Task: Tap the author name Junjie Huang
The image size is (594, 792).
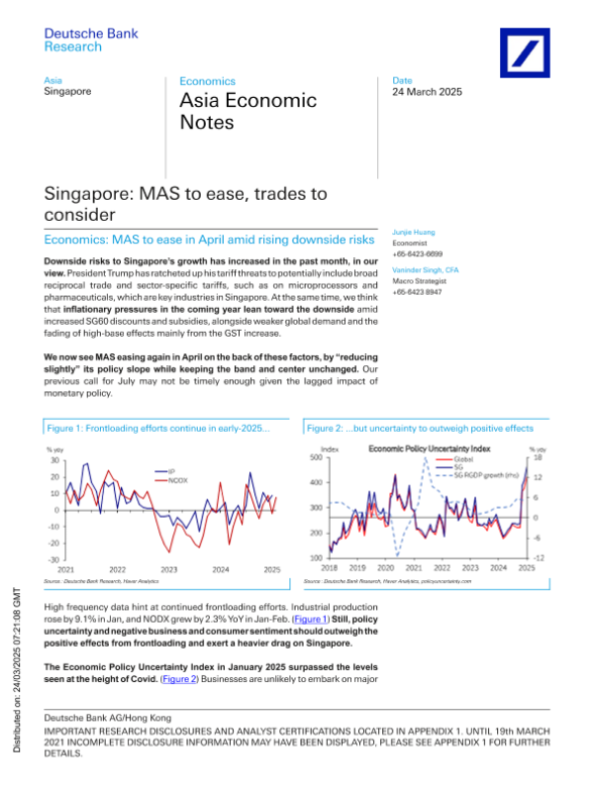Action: [416, 229]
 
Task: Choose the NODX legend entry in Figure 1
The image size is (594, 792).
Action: [179, 479]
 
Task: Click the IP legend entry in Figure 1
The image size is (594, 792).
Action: [173, 470]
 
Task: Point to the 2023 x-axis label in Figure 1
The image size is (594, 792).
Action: [169, 569]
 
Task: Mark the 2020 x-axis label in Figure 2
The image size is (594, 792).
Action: [386, 568]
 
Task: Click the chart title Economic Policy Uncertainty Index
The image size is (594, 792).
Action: [429, 448]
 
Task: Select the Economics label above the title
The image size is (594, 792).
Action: [207, 81]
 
